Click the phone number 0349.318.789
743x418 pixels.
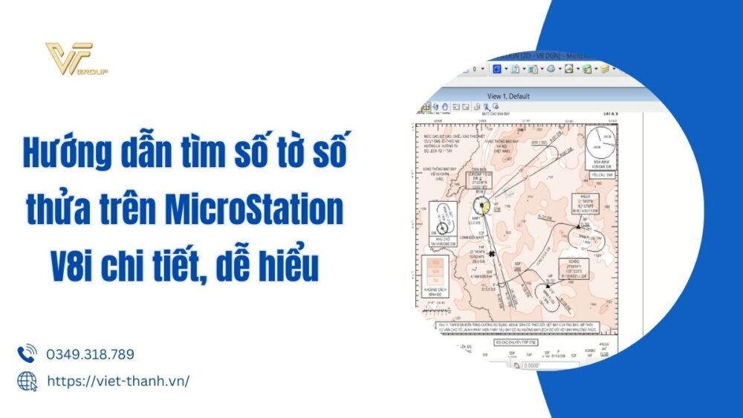pos(90,355)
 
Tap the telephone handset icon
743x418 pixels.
pos(27,353)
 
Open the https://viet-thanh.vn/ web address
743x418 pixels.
pos(118,380)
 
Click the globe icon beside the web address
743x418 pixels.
pos(27,380)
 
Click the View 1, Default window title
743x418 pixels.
pos(508,96)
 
